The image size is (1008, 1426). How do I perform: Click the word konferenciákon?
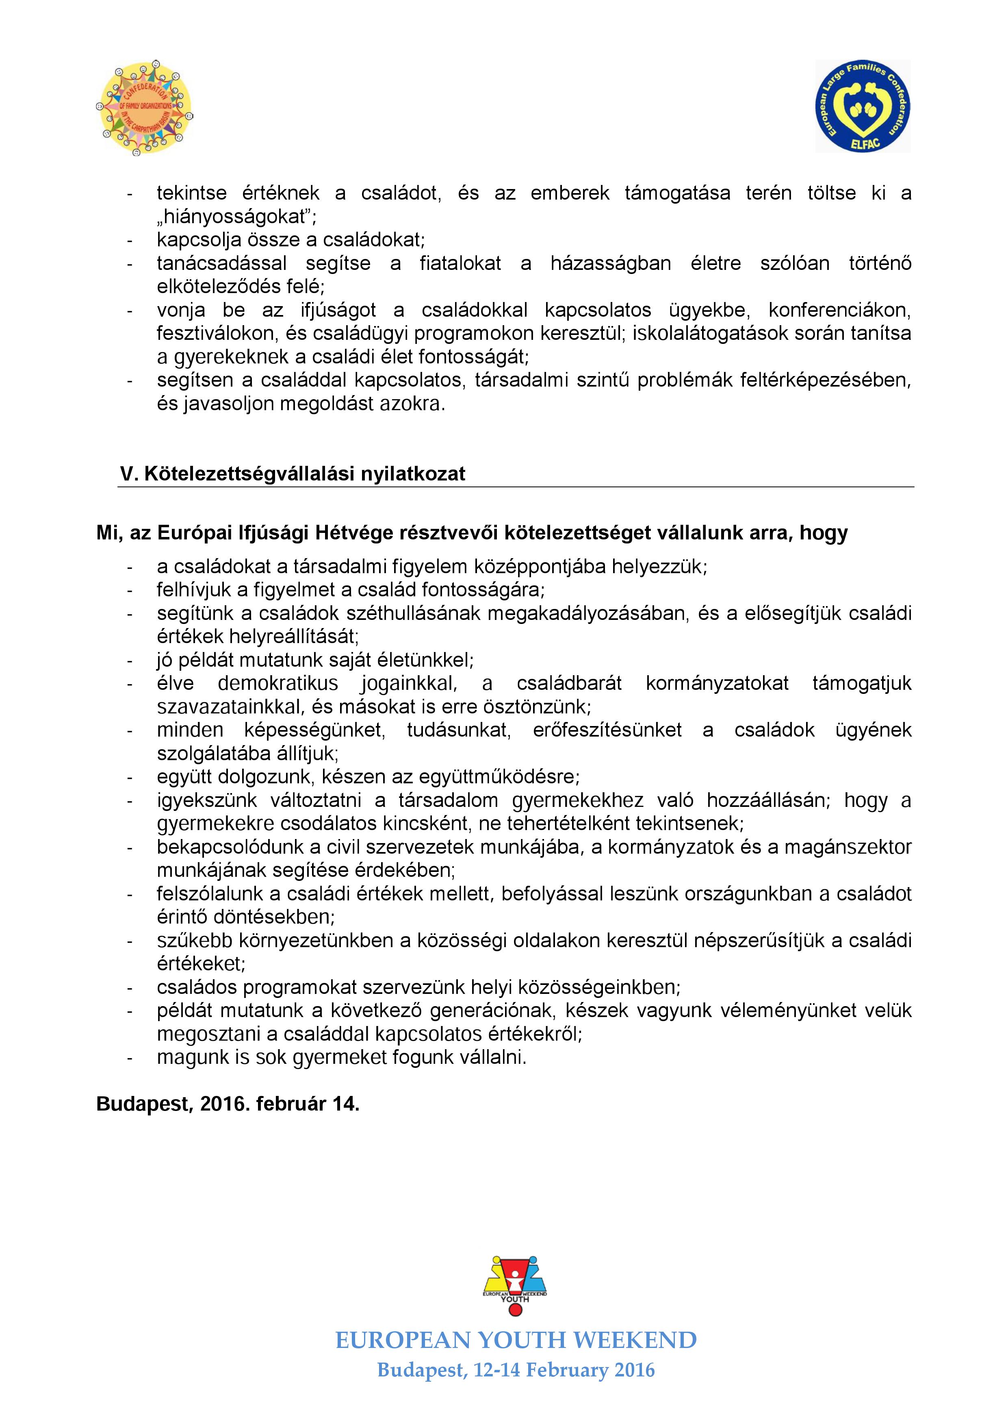[x=840, y=310]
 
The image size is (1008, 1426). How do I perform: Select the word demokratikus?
[x=277, y=683]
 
